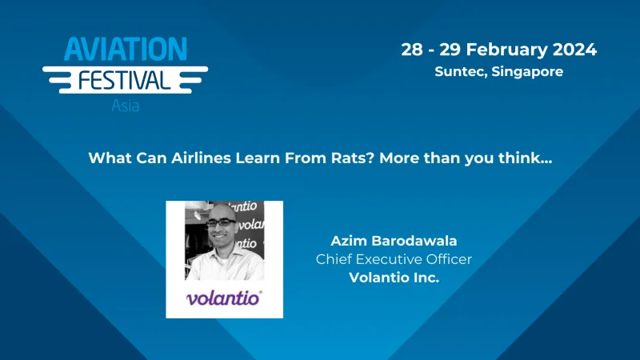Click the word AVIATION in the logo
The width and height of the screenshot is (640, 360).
click(126, 50)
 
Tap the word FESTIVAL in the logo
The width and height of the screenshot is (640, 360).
click(124, 81)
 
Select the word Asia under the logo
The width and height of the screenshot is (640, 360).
click(125, 106)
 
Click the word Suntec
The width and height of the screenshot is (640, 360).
click(458, 71)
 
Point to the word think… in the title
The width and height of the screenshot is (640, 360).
click(525, 158)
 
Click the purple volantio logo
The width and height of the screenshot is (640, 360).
click(224, 299)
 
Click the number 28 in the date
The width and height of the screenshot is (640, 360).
click(412, 49)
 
